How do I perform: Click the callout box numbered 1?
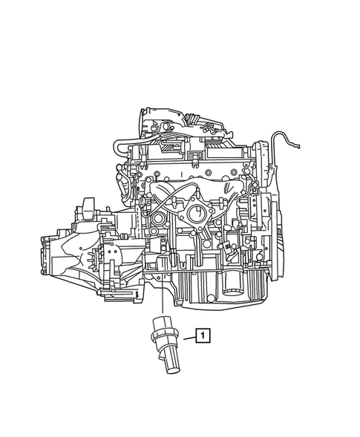(x=202, y=336)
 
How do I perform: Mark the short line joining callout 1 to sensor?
(x=186, y=338)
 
